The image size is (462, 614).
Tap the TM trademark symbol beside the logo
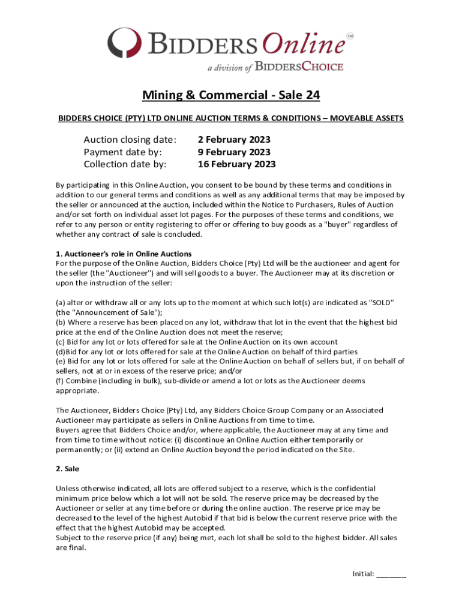click(350, 36)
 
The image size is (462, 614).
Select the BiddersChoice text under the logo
click(299, 67)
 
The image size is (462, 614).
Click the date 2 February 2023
click(233, 140)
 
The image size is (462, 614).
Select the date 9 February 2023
click(233, 152)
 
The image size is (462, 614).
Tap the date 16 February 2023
click(236, 164)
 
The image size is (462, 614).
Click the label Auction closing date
click(130, 140)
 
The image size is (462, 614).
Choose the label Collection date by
click(125, 164)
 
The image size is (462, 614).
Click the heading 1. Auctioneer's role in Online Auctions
click(124, 254)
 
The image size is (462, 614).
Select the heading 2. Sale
click(68, 468)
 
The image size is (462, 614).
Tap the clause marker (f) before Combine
click(60, 381)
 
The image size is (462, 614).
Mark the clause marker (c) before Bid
click(60, 342)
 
